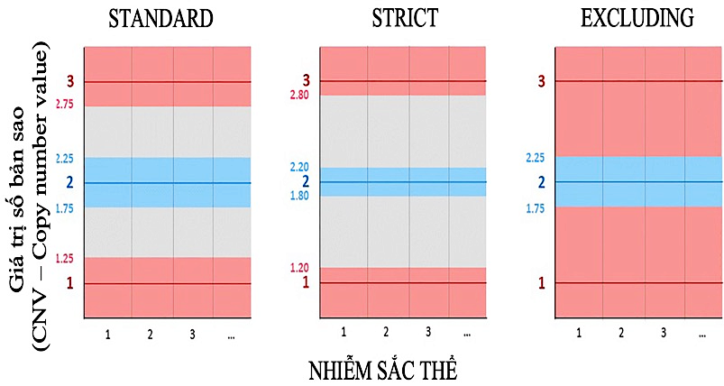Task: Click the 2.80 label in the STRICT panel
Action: click(299, 95)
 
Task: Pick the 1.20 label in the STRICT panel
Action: click(299, 268)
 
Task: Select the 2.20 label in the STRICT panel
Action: click(299, 168)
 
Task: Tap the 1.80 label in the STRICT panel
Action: click(299, 195)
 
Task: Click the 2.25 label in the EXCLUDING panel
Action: click(534, 158)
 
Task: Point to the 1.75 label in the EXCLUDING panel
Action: click(534, 208)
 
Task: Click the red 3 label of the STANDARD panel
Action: click(68, 83)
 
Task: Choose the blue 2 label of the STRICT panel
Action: click(306, 181)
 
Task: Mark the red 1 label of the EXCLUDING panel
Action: click(541, 283)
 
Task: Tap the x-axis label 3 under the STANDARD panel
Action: click(192, 335)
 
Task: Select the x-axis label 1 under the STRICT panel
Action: click(344, 332)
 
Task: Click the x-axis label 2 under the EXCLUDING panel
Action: click(621, 333)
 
